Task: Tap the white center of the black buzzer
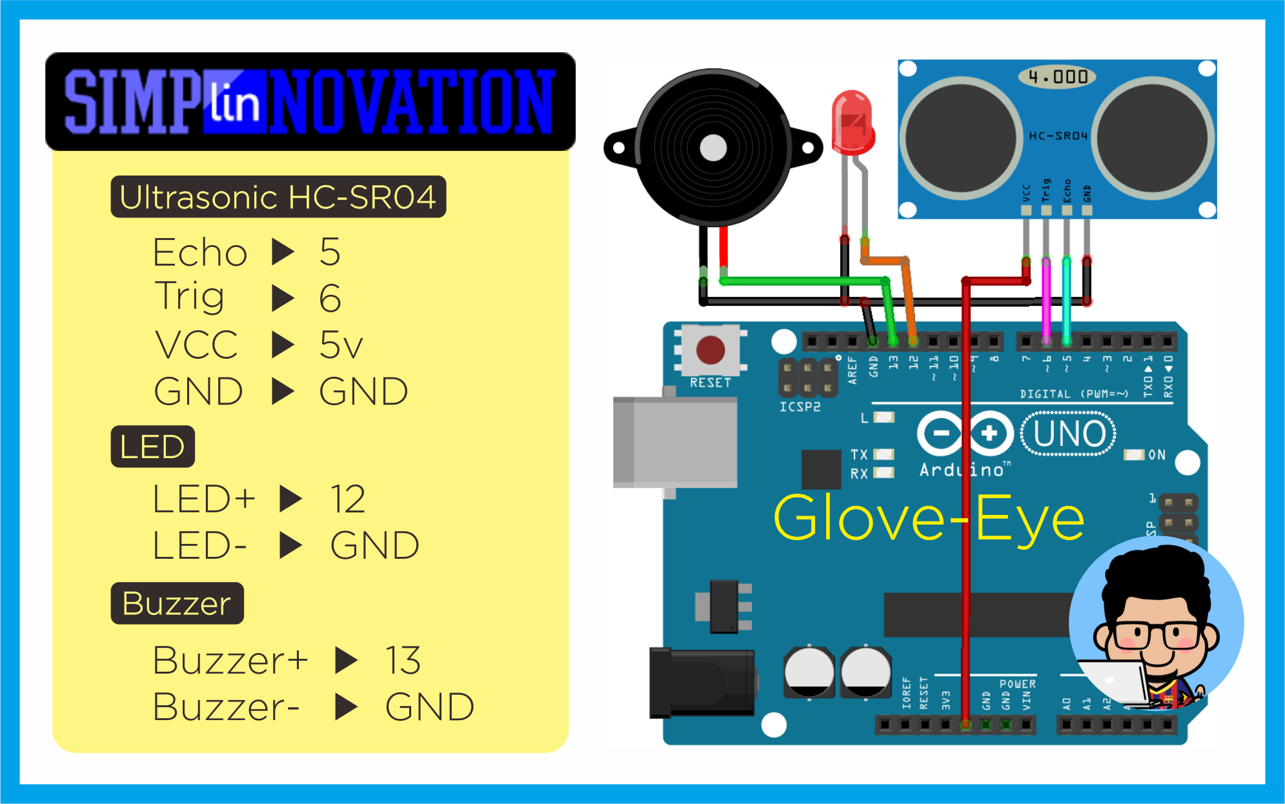pyautogui.click(x=713, y=148)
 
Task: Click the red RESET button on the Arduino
pyautogui.click(x=710, y=350)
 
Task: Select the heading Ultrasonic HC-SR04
pyautogui.click(x=278, y=197)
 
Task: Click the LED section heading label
pyautogui.click(x=152, y=447)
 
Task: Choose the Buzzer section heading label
pyautogui.click(x=177, y=603)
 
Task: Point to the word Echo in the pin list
pyautogui.click(x=200, y=252)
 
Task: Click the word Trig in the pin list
pyautogui.click(x=190, y=297)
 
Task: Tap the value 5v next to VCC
pyautogui.click(x=341, y=345)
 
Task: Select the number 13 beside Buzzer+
pyautogui.click(x=403, y=660)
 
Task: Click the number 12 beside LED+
pyautogui.click(x=348, y=499)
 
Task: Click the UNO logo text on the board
pyautogui.click(x=1068, y=434)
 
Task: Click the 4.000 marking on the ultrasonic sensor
pyautogui.click(x=1057, y=77)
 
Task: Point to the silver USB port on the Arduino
pyautogui.click(x=675, y=442)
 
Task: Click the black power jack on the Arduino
pyautogui.click(x=702, y=683)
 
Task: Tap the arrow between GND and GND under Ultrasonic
pyautogui.click(x=283, y=391)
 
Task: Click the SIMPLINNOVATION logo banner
pyautogui.click(x=310, y=102)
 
